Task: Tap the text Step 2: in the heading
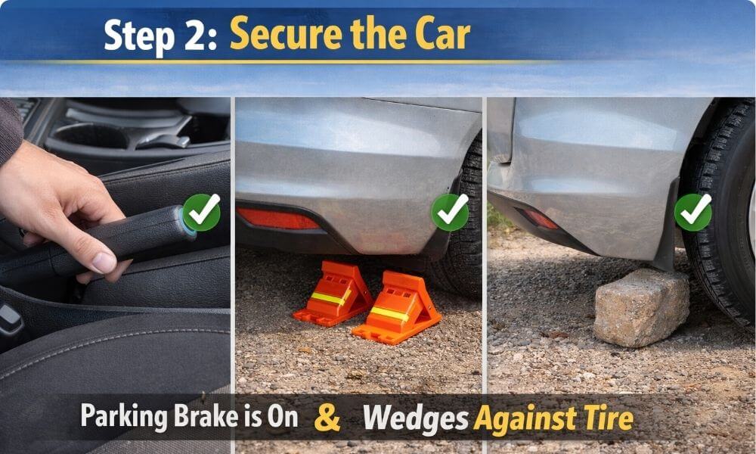pyautogui.click(x=160, y=36)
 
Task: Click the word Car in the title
pyautogui.click(x=438, y=35)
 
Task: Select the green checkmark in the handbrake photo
pyautogui.click(x=202, y=213)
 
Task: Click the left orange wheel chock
pyautogui.click(x=332, y=294)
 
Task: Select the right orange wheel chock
pyautogui.click(x=396, y=307)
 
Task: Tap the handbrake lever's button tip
pyautogui.click(x=186, y=225)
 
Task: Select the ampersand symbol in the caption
pyautogui.click(x=327, y=418)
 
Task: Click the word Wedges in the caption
pyautogui.click(x=415, y=418)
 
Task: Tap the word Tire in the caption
pyautogui.click(x=609, y=418)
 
